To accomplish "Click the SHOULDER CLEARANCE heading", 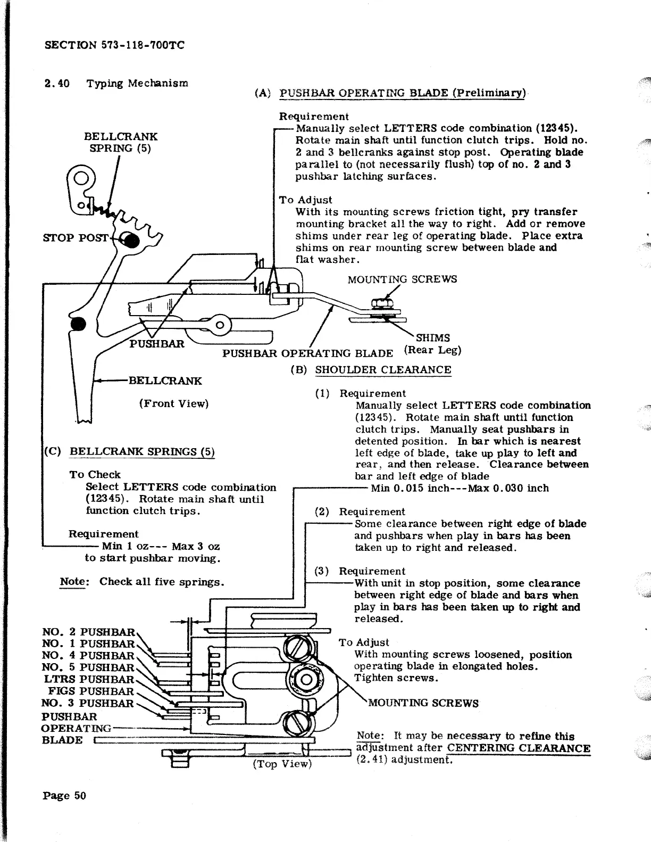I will point(383,369).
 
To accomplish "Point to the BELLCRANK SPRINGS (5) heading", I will point(143,452).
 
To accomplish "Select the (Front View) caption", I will point(174,403).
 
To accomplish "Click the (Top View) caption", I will point(281,764).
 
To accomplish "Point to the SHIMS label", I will point(433,338).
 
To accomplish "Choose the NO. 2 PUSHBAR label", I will point(88,632).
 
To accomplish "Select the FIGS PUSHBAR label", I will point(91,691).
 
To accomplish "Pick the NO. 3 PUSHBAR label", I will point(88,703).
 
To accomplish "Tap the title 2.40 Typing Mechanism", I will point(116,84).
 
